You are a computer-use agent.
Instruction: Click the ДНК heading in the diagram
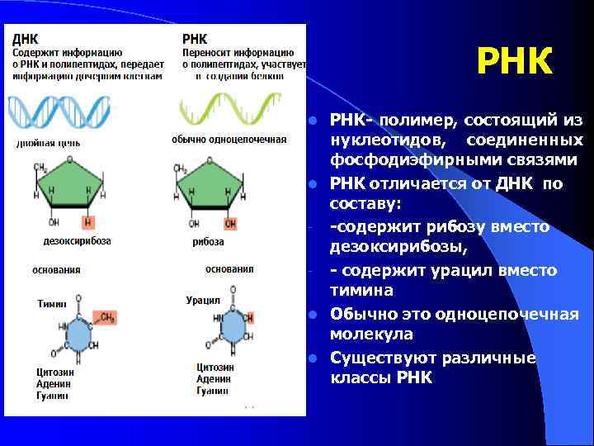coord(25,38)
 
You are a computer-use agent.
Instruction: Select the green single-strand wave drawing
coord(224,108)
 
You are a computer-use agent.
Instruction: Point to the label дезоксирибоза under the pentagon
coord(77,241)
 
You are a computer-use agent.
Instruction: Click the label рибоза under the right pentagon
coord(208,241)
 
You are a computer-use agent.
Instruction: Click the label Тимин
coord(52,304)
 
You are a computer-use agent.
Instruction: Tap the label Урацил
coord(203,301)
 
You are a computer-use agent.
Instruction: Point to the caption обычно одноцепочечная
coord(229,140)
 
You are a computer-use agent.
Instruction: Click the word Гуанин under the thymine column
coord(54,396)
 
